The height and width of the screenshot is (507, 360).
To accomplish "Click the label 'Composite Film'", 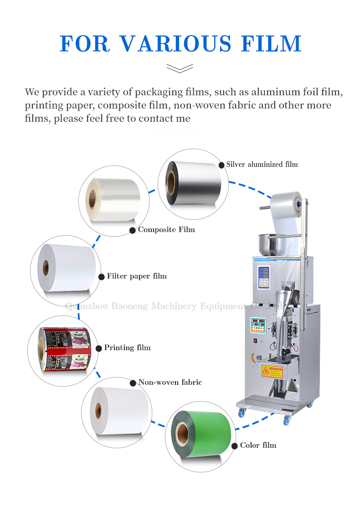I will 166,230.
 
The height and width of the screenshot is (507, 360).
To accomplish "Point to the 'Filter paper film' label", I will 137,276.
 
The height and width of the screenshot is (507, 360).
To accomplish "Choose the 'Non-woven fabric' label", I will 170,383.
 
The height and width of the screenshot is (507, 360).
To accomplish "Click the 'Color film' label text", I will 258,445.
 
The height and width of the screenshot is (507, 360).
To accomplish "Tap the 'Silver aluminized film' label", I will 262,164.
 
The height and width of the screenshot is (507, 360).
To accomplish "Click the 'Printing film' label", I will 127,348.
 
